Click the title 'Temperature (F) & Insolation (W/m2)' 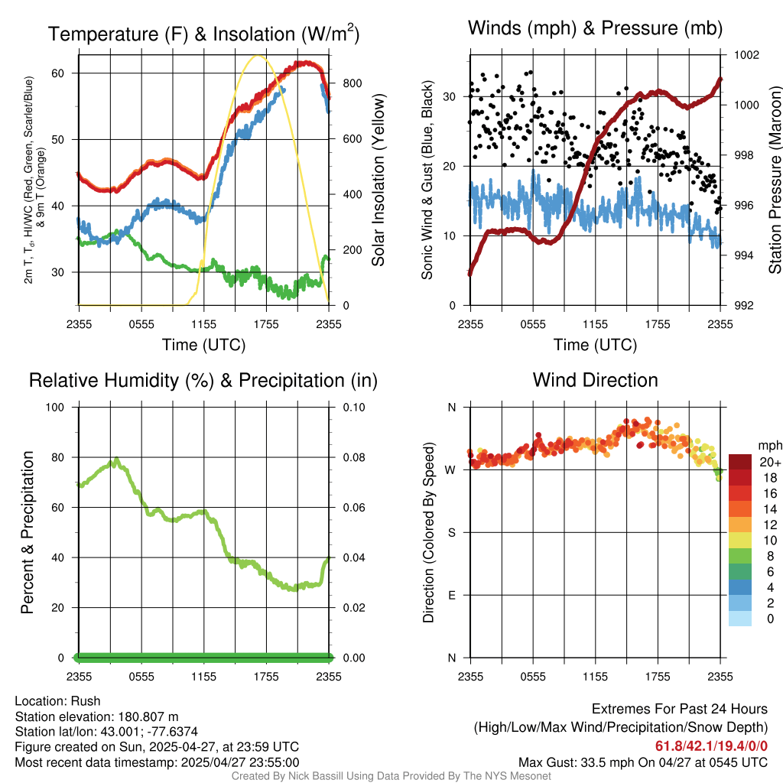pyautogui.click(x=203, y=34)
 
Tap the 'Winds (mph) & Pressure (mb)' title pyautogui.click(x=595, y=28)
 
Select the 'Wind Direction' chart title pyautogui.click(x=595, y=380)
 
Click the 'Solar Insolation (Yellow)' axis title pyautogui.click(x=379, y=180)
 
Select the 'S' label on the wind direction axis pyautogui.click(x=451, y=532)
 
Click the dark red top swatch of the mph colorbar pyautogui.click(x=740, y=462)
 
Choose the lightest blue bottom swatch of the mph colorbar pyautogui.click(x=740, y=619)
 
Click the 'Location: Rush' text pyautogui.click(x=57, y=701)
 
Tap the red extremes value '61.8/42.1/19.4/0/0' pyautogui.click(x=711, y=746)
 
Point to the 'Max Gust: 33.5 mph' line pyautogui.click(x=643, y=762)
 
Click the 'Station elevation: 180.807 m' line pyautogui.click(x=96, y=716)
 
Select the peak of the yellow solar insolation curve pyautogui.click(x=258, y=56)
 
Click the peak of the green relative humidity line pyautogui.click(x=116, y=459)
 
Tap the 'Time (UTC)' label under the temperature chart pyautogui.click(x=203, y=345)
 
